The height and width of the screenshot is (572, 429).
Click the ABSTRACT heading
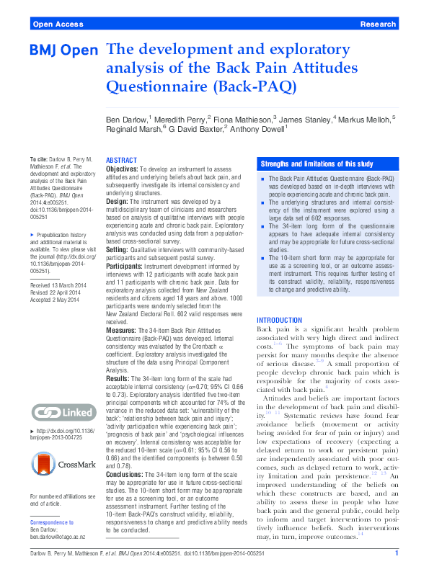pos(121,160)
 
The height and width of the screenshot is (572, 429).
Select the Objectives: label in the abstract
pos(122,169)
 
